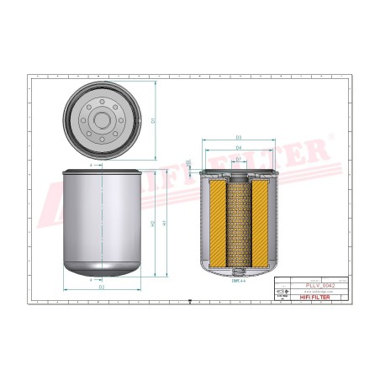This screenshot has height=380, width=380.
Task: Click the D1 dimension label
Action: [153, 120]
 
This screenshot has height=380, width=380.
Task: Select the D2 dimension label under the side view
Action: [102, 288]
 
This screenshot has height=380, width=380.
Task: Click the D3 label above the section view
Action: [239, 136]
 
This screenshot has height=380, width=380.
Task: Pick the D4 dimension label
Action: [239, 147]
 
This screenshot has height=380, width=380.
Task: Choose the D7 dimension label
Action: [239, 158]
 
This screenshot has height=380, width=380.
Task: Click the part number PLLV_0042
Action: [324, 287]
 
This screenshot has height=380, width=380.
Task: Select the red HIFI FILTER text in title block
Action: [324, 298]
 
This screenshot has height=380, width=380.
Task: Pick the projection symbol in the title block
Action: [282, 291]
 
